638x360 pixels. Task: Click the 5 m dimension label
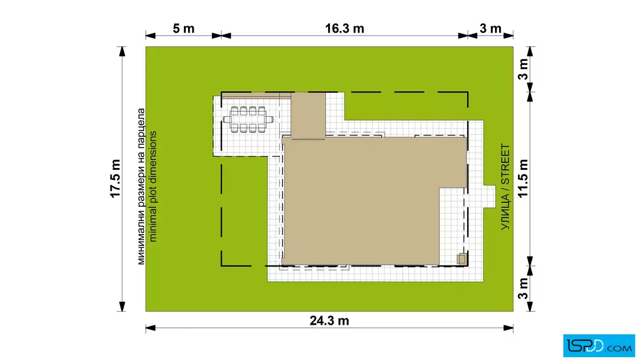tap(183, 29)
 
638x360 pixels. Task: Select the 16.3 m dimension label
tap(344, 29)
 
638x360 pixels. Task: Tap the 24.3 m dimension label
tap(329, 321)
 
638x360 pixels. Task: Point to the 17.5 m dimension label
tap(116, 179)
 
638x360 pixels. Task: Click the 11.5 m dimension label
tap(523, 179)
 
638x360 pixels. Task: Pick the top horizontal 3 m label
tap(490, 29)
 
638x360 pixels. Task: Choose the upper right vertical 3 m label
tap(523, 69)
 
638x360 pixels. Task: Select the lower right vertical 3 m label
tap(523, 288)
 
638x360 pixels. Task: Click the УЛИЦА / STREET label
tap(505, 187)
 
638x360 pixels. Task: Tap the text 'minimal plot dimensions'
tap(153, 186)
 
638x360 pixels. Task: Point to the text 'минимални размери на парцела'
tap(141, 186)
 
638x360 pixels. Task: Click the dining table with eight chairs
tap(248, 120)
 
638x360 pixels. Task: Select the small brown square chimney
tap(461, 259)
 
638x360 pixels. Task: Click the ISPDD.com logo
tap(599, 346)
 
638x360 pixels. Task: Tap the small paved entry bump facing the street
tap(489, 197)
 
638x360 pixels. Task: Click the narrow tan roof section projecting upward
tap(308, 116)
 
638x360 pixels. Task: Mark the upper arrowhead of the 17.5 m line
tap(122, 51)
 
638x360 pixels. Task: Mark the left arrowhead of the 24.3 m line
tap(150, 328)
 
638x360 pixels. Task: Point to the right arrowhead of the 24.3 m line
tap(509, 328)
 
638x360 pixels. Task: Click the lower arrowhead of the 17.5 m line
tap(122, 306)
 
